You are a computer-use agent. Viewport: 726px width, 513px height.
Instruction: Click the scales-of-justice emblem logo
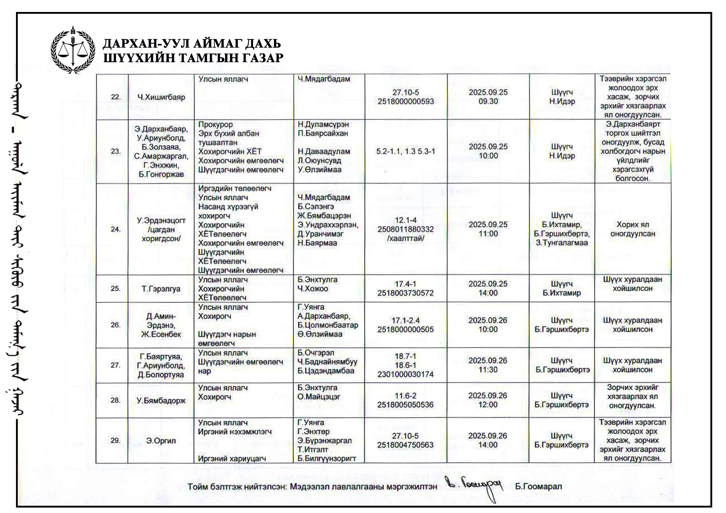point(73,50)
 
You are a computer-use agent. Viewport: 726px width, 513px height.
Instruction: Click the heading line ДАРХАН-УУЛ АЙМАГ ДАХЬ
point(192,44)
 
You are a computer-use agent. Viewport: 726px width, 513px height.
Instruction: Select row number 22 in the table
point(115,97)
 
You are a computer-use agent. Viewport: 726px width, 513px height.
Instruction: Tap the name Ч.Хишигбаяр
point(161,97)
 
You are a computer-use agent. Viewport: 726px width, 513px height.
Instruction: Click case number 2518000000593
point(405,102)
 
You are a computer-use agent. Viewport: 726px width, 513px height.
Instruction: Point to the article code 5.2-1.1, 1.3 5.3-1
point(405,151)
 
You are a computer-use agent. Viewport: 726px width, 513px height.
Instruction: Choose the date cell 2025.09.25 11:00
point(488,229)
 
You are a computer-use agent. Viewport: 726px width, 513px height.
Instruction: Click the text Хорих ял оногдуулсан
point(632,229)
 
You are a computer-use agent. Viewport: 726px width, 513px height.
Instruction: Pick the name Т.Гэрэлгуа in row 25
point(161,289)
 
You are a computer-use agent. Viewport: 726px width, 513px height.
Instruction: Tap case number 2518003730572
point(405,293)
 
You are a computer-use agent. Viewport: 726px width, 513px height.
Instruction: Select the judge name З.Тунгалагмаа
point(562,243)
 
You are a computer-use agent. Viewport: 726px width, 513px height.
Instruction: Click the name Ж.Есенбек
point(161,334)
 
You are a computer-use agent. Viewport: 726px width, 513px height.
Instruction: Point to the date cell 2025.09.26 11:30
point(488,365)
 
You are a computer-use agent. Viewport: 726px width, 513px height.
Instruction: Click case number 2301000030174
point(405,374)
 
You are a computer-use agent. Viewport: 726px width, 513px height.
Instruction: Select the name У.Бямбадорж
point(161,401)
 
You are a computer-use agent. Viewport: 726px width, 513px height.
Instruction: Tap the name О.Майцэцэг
point(319,397)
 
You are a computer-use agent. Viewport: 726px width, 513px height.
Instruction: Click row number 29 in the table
point(115,440)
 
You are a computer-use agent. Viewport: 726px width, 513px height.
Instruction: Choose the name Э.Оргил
point(161,441)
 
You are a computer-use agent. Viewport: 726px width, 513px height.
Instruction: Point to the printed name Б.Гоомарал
point(538,487)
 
